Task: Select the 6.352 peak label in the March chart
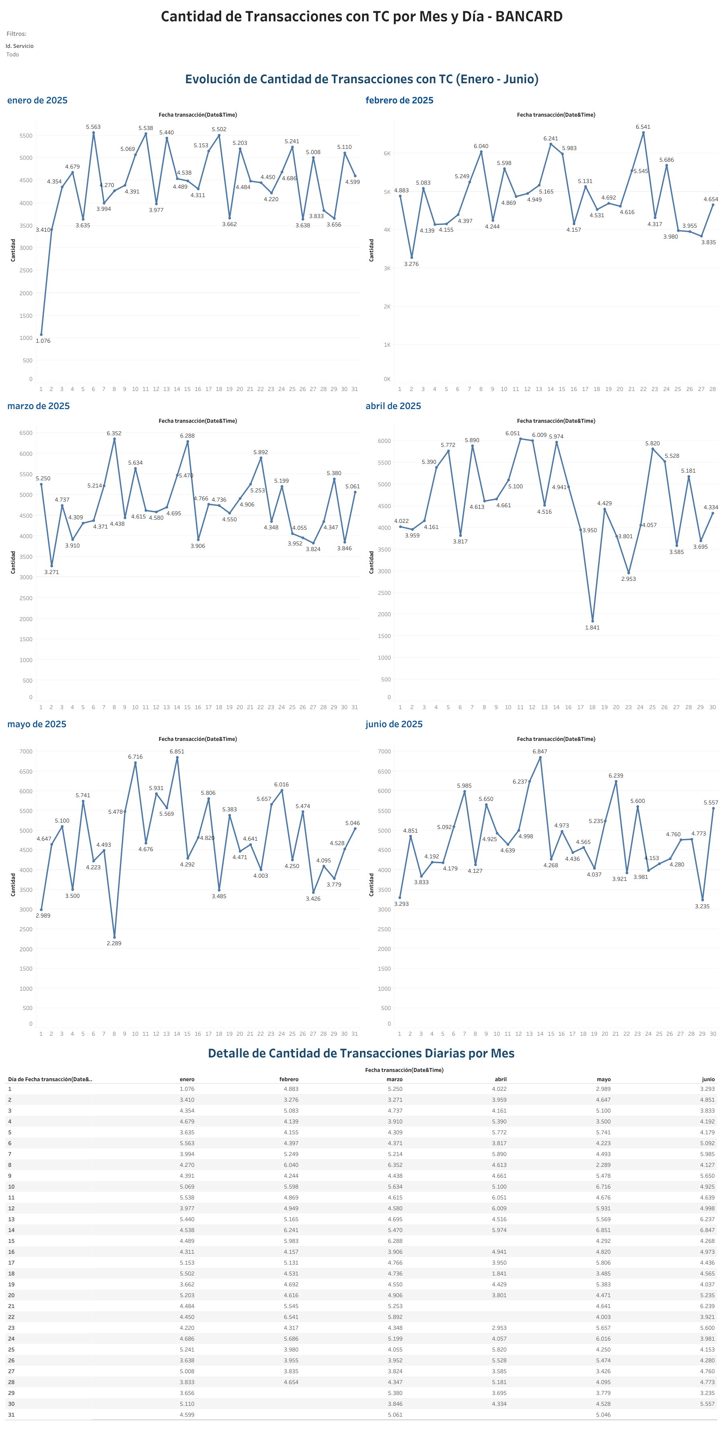pyautogui.click(x=114, y=433)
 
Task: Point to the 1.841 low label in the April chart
pyautogui.click(x=592, y=627)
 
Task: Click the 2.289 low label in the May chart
pyautogui.click(x=114, y=943)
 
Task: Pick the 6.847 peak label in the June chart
pyautogui.click(x=540, y=751)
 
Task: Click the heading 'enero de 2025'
pyautogui.click(x=37, y=101)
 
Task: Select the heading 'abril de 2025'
pyautogui.click(x=393, y=406)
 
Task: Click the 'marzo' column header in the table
pyautogui.click(x=394, y=1079)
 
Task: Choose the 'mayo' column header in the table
pyautogui.click(x=603, y=1079)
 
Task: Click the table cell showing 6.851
pyautogui.click(x=603, y=1230)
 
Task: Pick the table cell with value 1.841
pyautogui.click(x=499, y=1273)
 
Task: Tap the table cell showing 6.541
pyautogui.click(x=291, y=1316)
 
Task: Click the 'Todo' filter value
pyautogui.click(x=12, y=55)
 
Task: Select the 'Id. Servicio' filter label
pyautogui.click(x=20, y=46)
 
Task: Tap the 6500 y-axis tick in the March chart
pyautogui.click(x=26, y=433)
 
